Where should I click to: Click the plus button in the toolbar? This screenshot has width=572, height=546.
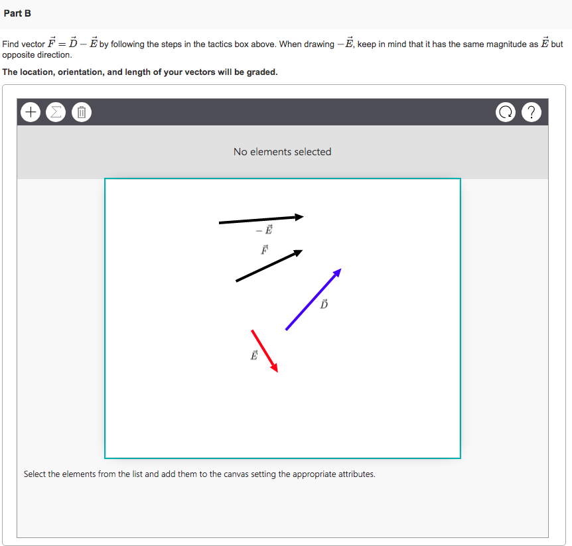click(30, 113)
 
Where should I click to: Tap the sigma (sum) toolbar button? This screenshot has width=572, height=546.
click(54, 113)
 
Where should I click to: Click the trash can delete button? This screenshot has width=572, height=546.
click(81, 113)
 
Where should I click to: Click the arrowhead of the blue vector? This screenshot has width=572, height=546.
click(338, 271)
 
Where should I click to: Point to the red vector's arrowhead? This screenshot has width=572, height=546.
click(275, 368)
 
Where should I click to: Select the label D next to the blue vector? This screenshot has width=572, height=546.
click(324, 305)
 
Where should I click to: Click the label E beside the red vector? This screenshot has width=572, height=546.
click(253, 355)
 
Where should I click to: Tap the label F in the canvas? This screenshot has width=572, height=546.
click(264, 250)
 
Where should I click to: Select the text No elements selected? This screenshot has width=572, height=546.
click(282, 152)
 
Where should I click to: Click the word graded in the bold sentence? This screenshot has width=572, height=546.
click(259, 72)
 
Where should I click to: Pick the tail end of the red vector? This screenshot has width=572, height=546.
click(252, 330)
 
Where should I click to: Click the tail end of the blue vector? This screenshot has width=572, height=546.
click(287, 329)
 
